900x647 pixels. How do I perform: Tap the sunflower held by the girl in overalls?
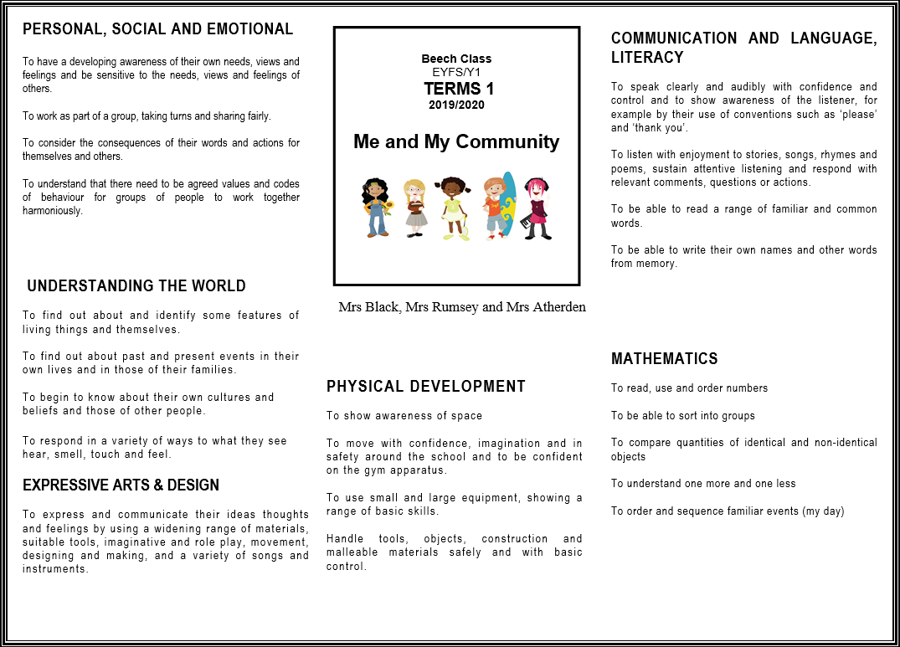tap(388, 207)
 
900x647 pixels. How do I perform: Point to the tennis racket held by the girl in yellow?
tap(463, 226)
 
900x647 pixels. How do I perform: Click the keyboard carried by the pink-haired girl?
tap(526, 221)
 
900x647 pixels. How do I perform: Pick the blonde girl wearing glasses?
tap(415, 207)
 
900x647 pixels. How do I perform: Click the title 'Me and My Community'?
tap(456, 141)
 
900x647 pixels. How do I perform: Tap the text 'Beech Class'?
tap(456, 59)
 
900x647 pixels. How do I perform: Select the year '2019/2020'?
tap(456, 105)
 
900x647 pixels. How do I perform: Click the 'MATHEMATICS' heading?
tap(665, 359)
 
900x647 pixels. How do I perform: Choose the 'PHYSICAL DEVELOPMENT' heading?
tap(426, 386)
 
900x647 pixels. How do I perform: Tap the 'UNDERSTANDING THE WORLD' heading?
tap(136, 286)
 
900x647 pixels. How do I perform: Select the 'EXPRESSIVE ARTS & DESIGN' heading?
tap(121, 485)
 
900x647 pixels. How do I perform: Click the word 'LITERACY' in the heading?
tap(647, 58)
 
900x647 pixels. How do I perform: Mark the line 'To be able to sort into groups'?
tap(683, 416)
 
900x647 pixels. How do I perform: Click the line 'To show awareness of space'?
tap(404, 416)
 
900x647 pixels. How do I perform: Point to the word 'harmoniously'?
tap(53, 211)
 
